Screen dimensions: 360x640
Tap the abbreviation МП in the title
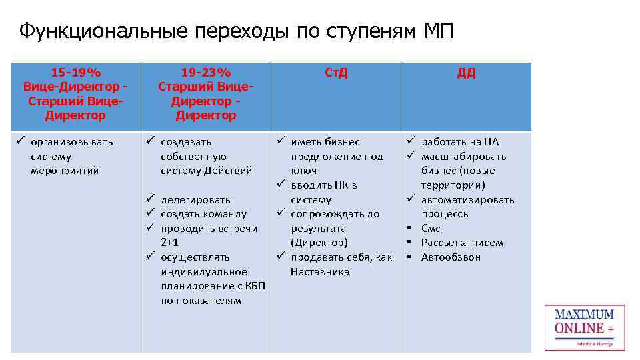[x=438, y=31]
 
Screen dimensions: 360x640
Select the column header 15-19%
[x=75, y=72]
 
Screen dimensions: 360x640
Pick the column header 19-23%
[x=206, y=72]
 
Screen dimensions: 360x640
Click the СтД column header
[x=336, y=73]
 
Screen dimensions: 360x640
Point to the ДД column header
[x=466, y=73]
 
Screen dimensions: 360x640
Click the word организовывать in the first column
[x=72, y=142]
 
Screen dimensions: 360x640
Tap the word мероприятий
[x=65, y=171]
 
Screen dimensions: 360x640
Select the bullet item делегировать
[x=195, y=199]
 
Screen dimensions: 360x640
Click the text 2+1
[x=170, y=243]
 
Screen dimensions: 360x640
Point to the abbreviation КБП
[x=255, y=286]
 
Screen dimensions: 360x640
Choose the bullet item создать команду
[x=203, y=214]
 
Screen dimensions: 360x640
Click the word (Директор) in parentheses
[x=319, y=243]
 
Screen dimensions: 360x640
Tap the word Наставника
[x=320, y=271]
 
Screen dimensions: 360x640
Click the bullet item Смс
[x=431, y=229]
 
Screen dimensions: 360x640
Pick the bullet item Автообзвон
[x=451, y=257]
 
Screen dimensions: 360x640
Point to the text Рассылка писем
[x=462, y=243]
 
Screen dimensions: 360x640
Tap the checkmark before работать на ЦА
[x=412, y=141]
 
